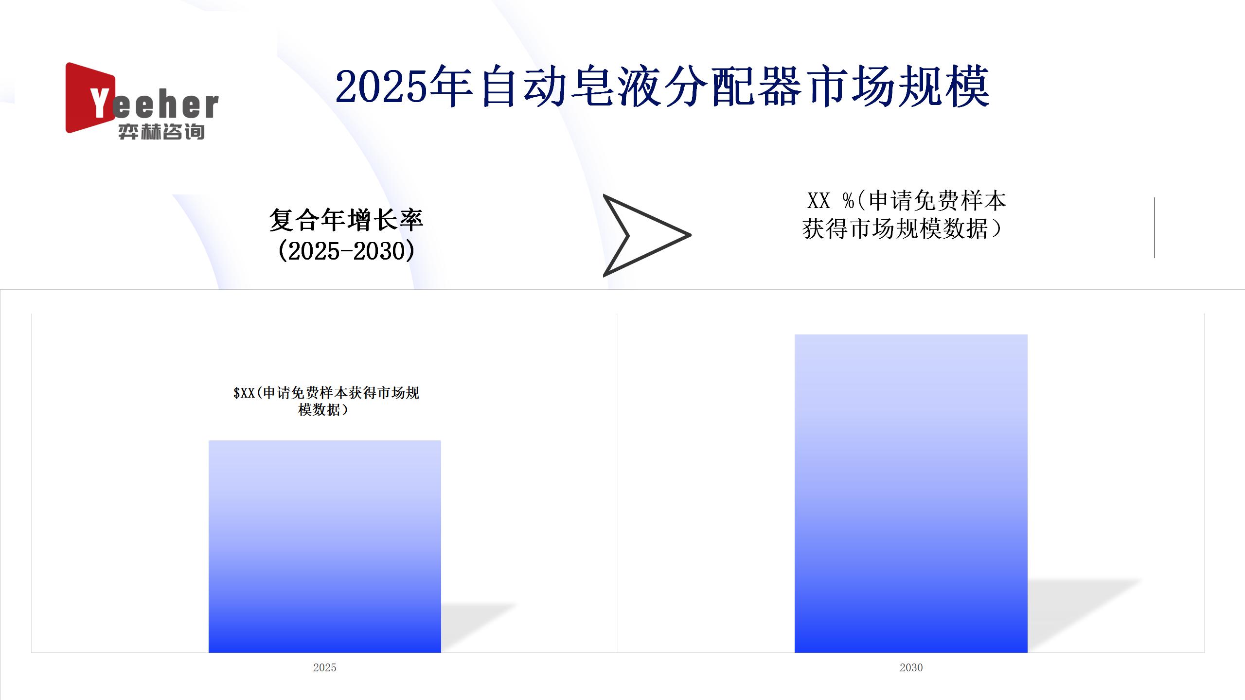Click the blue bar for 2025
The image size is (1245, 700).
pos(324,546)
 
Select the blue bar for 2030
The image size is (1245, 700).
pos(911,493)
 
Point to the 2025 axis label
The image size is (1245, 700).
pos(324,667)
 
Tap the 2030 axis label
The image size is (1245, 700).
pos(911,667)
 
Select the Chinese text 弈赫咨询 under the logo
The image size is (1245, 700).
pos(161,132)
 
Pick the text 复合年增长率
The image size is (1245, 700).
pos(346,220)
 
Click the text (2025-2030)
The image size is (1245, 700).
pos(346,251)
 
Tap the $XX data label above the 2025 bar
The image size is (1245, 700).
pos(326,401)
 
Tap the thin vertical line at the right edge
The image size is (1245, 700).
pos(1155,227)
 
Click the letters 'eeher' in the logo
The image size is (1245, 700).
pos(165,105)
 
